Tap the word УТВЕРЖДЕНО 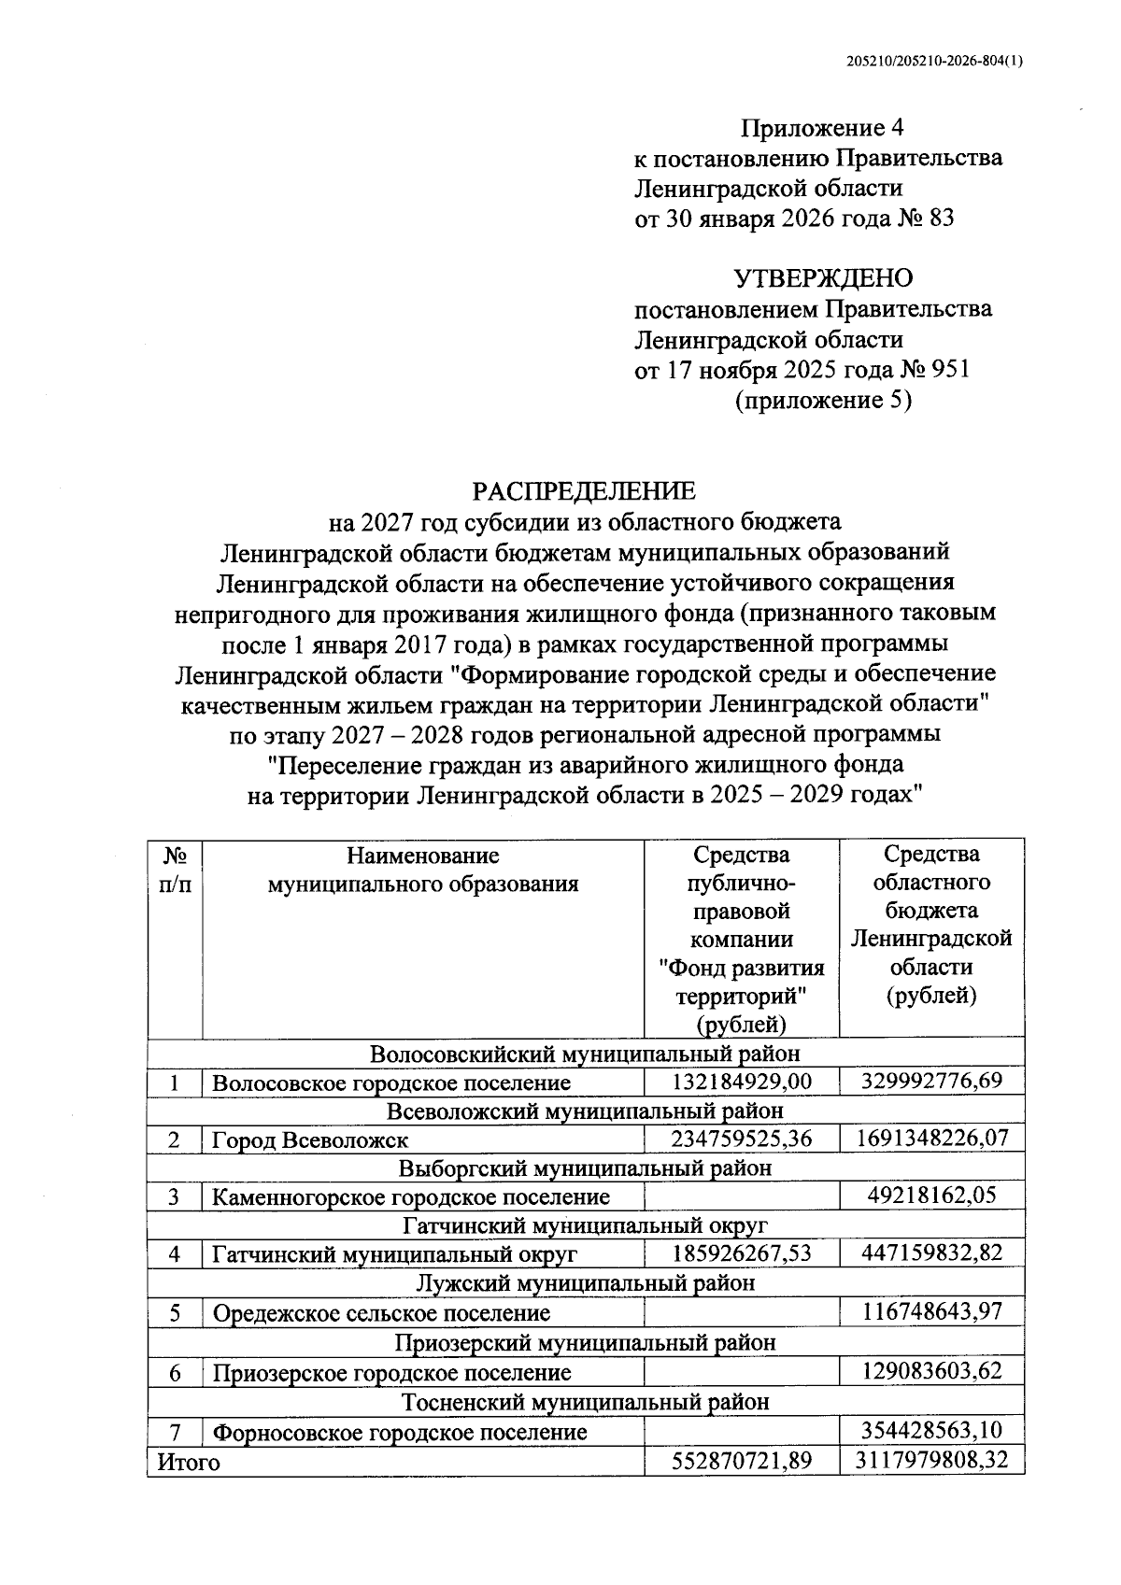point(823,278)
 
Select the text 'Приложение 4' point(823,128)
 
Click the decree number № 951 point(934,370)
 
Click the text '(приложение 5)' point(823,401)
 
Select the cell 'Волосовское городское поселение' point(391,1083)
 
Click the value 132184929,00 point(742,1082)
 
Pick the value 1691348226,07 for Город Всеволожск point(932,1139)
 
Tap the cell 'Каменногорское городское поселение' point(411,1197)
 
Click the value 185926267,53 point(742,1253)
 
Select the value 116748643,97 point(932,1311)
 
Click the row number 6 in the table point(175,1372)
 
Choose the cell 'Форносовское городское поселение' point(400,1432)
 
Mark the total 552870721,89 point(742,1461)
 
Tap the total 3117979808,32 point(932,1460)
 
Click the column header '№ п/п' point(175,870)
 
